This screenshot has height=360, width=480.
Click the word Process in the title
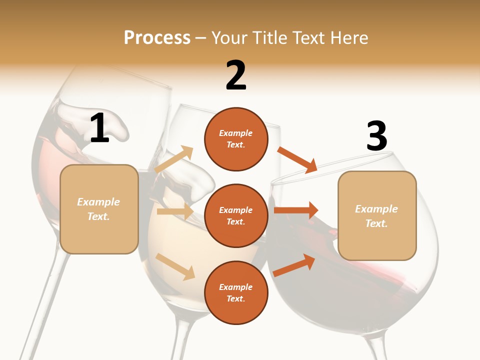coord(157,38)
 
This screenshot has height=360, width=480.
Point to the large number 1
coord(99,128)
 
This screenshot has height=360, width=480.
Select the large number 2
coord(236,76)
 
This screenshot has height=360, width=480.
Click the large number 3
coord(377,136)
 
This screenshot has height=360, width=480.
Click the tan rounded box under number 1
coord(99,209)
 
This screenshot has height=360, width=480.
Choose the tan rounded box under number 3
coord(377,216)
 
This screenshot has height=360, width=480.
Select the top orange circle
coord(236,139)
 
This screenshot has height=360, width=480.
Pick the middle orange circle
coord(236,215)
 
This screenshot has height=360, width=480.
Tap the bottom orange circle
coord(236,292)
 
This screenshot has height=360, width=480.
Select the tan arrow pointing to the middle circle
coord(175,211)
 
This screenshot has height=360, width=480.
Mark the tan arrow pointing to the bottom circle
coord(175,266)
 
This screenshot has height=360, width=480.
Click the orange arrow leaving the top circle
coord(297,159)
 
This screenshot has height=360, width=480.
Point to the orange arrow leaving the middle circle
coord(296,210)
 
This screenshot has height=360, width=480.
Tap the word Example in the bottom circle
coord(236,287)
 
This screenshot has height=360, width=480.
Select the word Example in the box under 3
coord(376,209)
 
